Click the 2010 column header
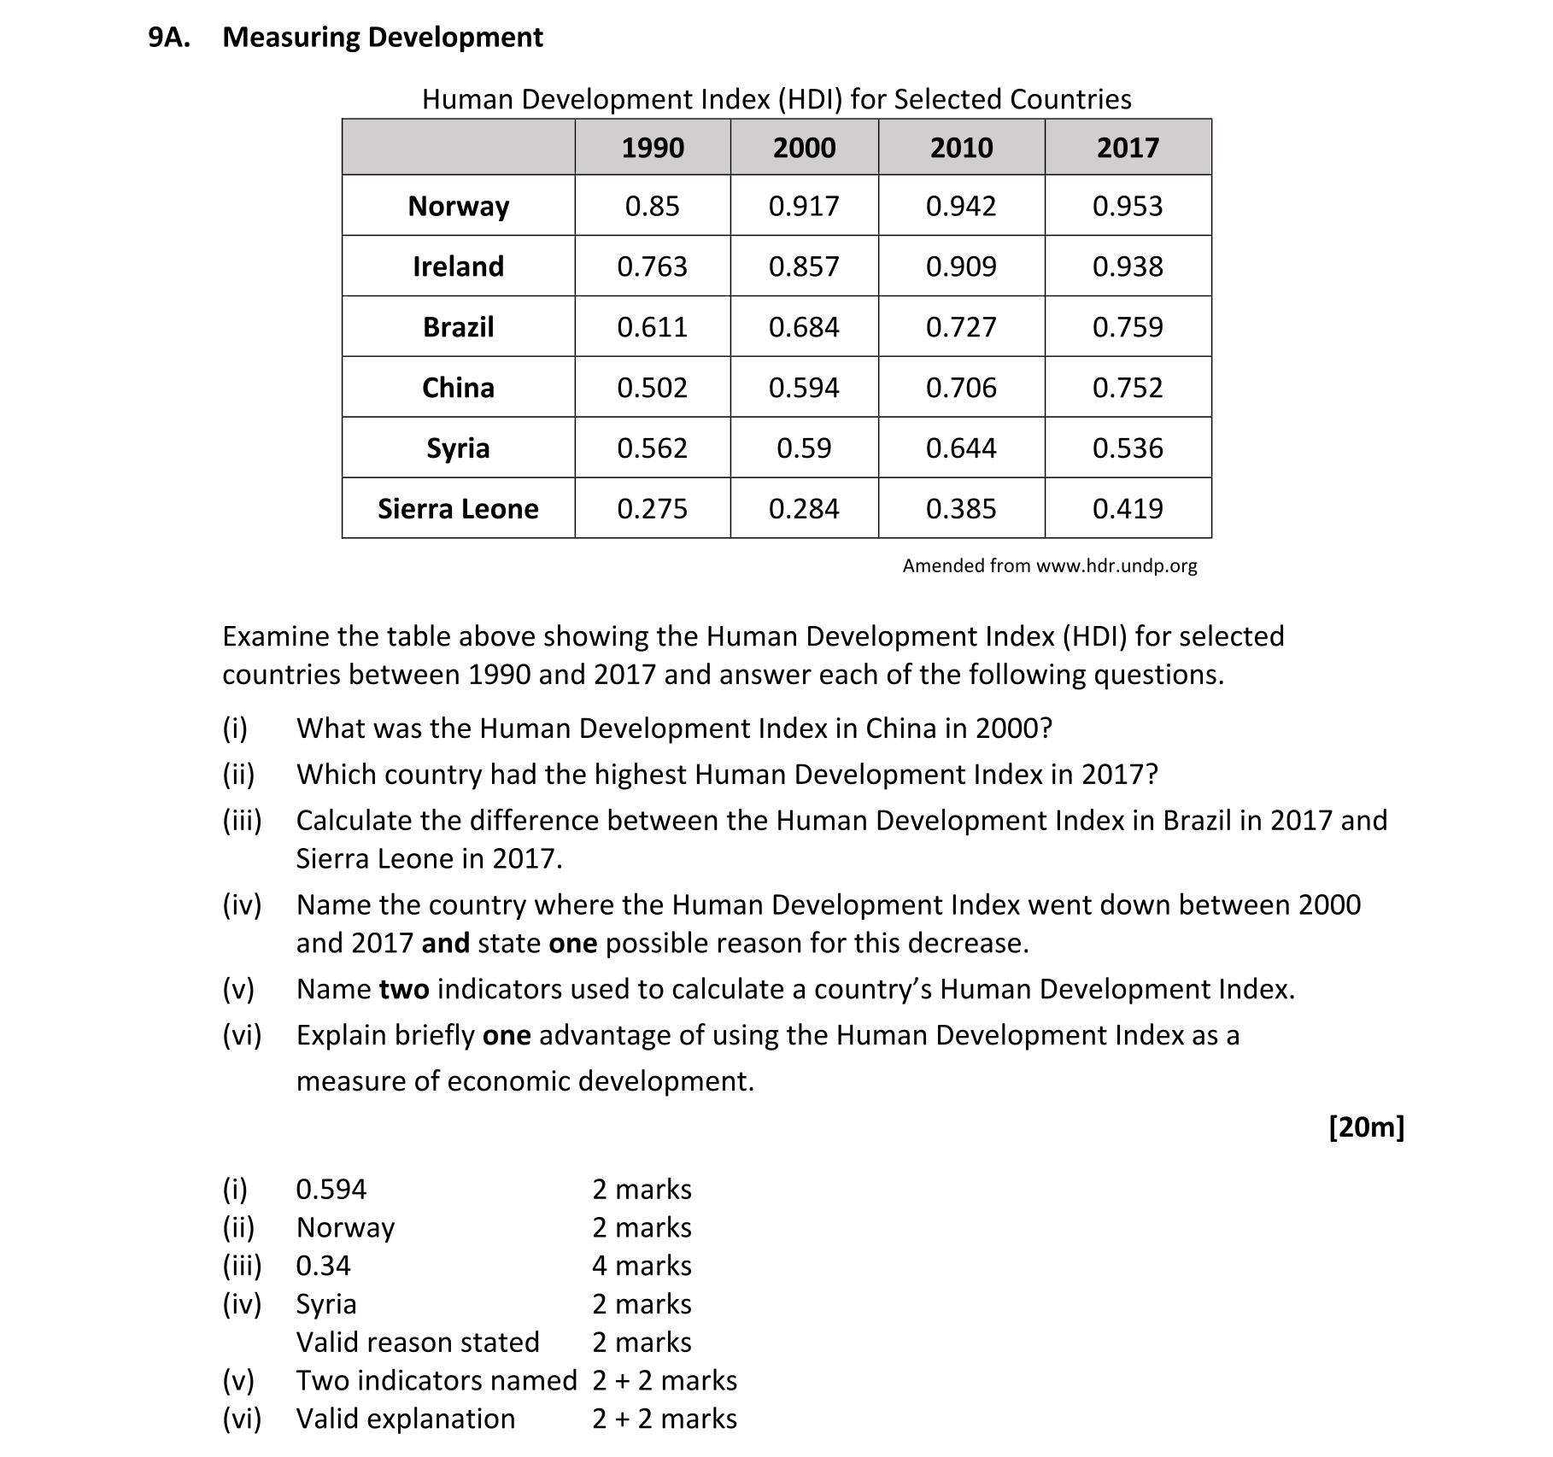[961, 148]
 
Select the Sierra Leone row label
[458, 509]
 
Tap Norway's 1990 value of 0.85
[652, 206]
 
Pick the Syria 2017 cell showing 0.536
[1127, 448]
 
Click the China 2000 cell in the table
[804, 388]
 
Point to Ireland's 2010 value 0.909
[961, 266]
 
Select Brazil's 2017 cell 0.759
[1127, 327]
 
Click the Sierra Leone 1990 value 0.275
[652, 509]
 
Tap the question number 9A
[169, 38]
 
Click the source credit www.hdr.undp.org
[1116, 565]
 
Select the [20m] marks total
[1366, 1127]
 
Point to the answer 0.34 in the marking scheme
[323, 1266]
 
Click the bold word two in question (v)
[403, 989]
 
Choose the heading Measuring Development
[383, 38]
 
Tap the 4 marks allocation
[642, 1266]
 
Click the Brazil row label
[458, 327]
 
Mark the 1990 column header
[652, 148]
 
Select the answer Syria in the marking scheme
[326, 1304]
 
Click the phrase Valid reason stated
[418, 1343]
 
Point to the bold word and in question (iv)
[445, 943]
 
